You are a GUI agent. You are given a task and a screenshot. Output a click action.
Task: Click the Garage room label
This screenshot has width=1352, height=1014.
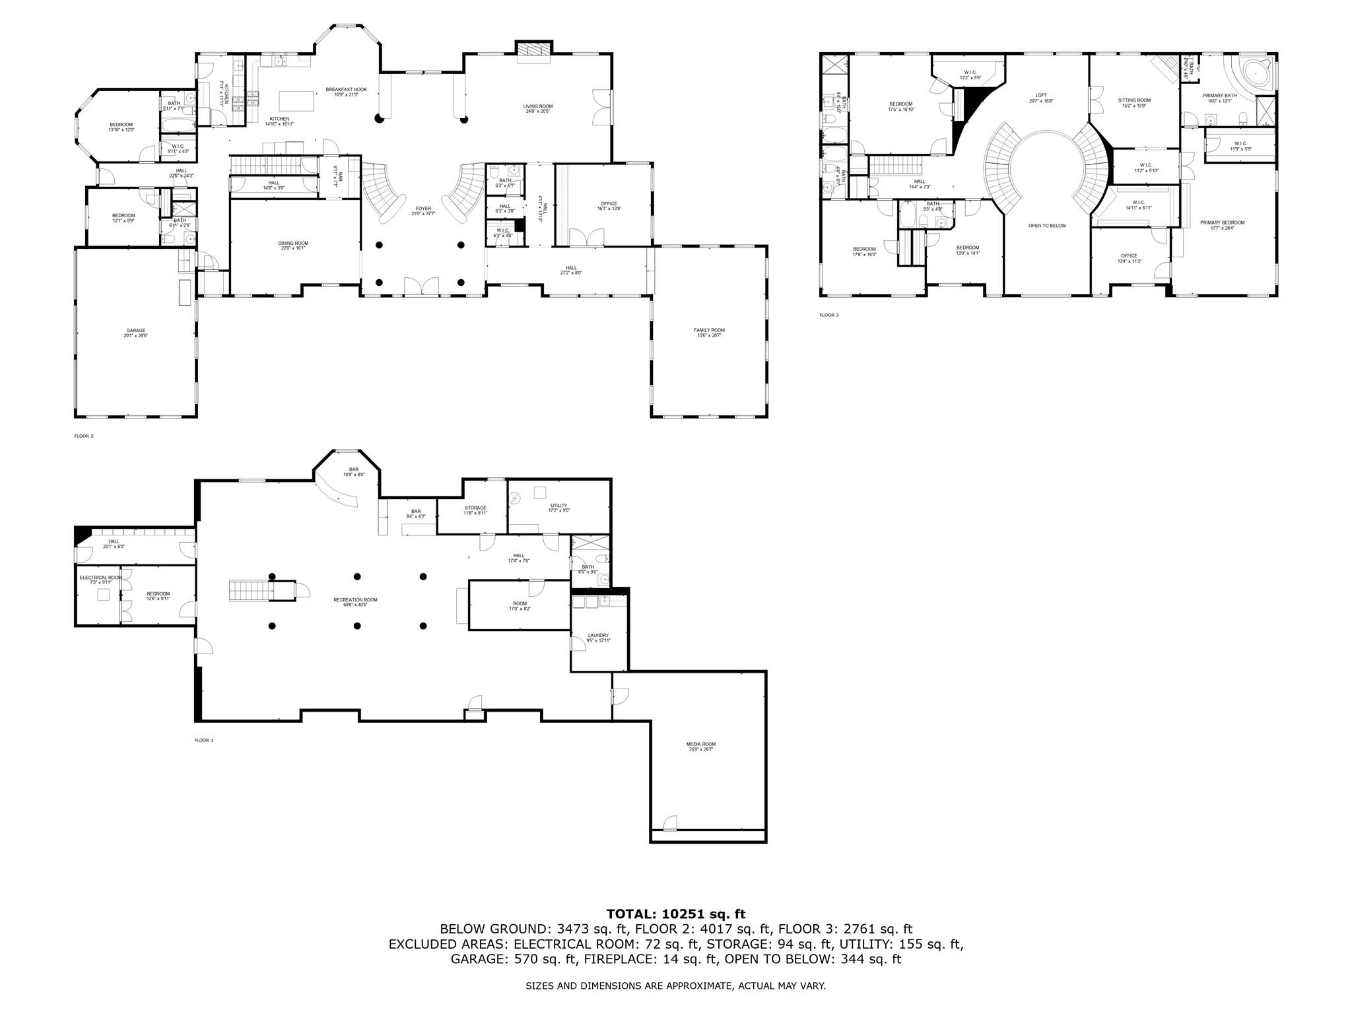tap(136, 333)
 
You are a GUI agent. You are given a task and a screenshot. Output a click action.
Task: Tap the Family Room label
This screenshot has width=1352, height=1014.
tap(709, 333)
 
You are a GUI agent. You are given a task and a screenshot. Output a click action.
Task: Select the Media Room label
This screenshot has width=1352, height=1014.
tap(700, 747)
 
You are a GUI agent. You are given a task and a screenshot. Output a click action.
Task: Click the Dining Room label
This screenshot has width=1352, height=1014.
tap(293, 246)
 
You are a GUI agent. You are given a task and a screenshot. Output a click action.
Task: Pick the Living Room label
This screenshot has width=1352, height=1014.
tap(539, 108)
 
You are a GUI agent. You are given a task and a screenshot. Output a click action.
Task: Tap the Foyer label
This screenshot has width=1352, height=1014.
tap(423, 211)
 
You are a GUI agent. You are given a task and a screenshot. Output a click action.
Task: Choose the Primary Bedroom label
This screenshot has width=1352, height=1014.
tap(1222, 225)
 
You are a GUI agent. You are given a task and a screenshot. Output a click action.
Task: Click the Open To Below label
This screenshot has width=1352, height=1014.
tap(1047, 226)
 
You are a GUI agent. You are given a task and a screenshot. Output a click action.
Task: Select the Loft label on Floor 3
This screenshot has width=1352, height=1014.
tap(1041, 98)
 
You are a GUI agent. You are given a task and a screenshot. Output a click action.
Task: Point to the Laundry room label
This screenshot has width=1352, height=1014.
tap(599, 638)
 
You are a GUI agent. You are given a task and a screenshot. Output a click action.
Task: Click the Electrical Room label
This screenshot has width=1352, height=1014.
tap(101, 580)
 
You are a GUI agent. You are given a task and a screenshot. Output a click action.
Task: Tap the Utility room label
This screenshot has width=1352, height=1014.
tap(558, 508)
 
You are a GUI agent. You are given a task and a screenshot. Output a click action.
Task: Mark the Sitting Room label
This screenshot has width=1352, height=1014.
tap(1134, 102)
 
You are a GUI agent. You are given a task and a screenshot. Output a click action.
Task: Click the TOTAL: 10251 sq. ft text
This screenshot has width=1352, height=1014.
tap(676, 914)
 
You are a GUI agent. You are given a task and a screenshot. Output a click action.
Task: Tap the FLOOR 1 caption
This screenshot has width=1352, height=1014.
tap(204, 740)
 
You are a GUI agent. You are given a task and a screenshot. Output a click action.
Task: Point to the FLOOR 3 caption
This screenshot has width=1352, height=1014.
tap(829, 315)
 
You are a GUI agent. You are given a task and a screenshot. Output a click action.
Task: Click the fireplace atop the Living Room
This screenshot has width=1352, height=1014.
tap(533, 51)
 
